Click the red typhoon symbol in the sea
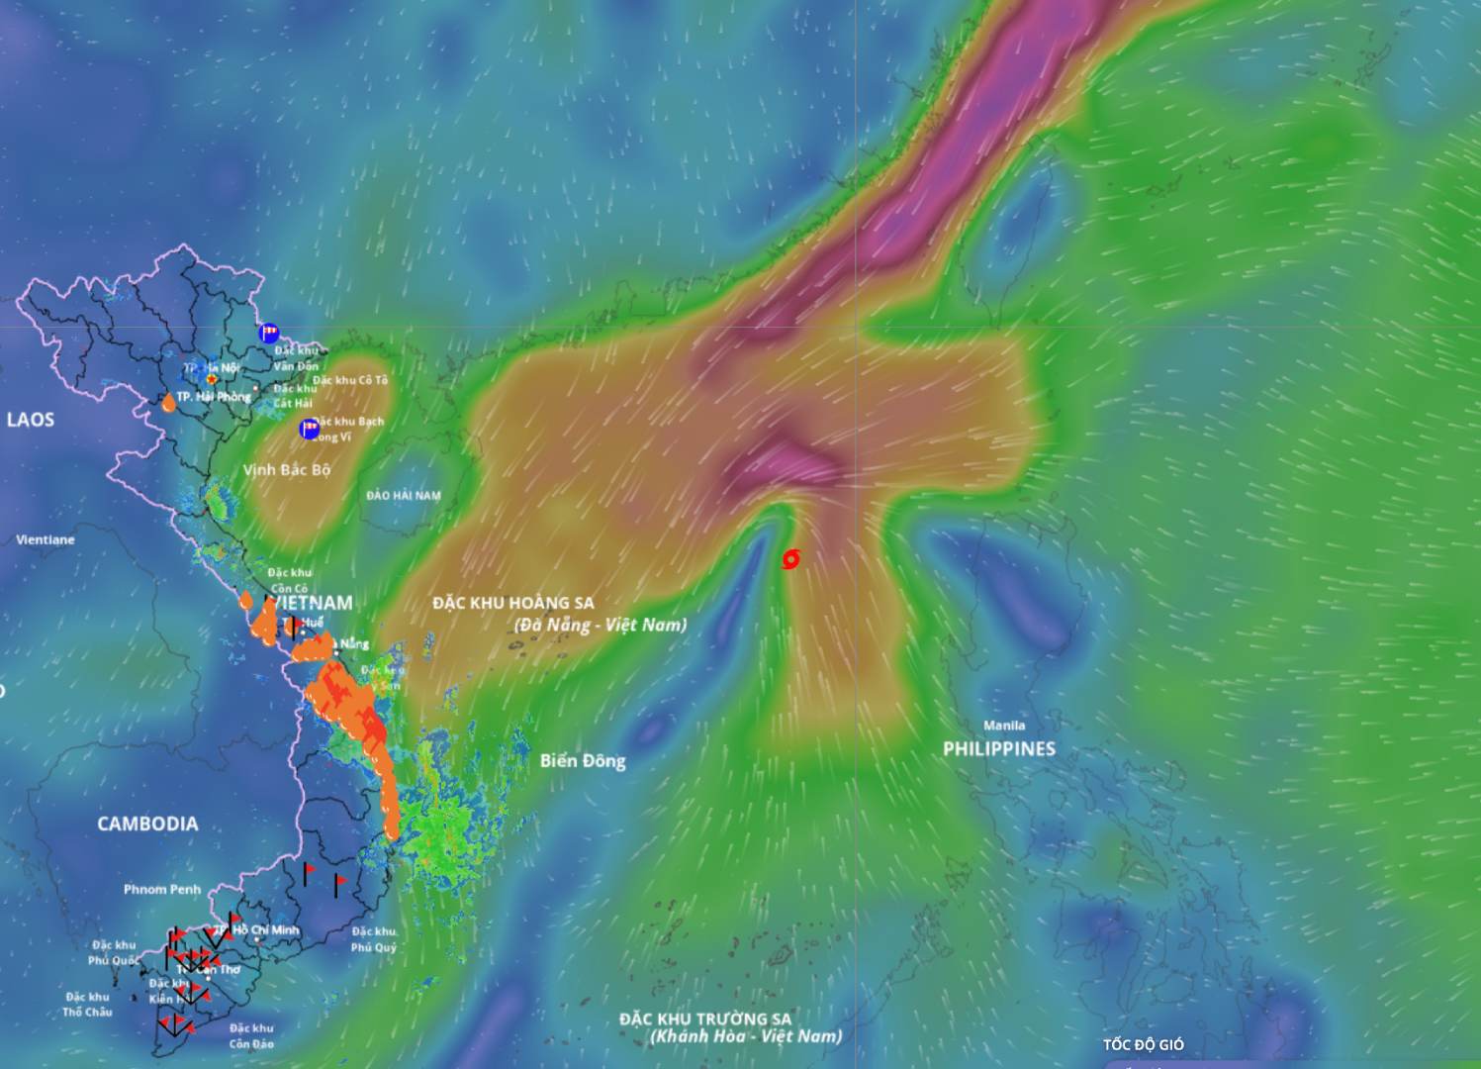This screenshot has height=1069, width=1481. point(790,559)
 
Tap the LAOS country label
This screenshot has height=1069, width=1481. point(31,420)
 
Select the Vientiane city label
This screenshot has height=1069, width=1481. point(46,539)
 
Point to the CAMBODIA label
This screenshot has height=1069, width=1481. point(147,824)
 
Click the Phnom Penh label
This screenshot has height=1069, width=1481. point(162,889)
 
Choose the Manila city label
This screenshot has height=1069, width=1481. point(1004,726)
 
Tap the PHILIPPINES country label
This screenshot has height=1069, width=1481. point(998,749)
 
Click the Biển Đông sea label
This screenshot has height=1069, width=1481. point(583,760)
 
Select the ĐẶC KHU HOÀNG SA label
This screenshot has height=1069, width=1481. point(513,602)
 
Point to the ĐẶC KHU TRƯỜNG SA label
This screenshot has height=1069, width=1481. point(705,1019)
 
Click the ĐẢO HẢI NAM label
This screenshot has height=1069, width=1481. point(404,495)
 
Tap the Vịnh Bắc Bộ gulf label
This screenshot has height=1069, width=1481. point(287,470)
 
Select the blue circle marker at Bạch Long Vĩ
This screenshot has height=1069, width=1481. point(310,429)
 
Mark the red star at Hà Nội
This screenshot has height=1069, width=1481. point(212,378)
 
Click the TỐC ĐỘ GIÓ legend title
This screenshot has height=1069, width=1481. point(1144,1044)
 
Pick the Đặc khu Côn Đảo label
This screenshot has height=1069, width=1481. point(251,1035)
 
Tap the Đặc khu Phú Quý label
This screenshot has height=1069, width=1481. point(374,939)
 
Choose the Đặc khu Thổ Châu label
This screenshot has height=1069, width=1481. point(87,1004)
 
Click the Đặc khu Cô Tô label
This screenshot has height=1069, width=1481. point(350,380)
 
